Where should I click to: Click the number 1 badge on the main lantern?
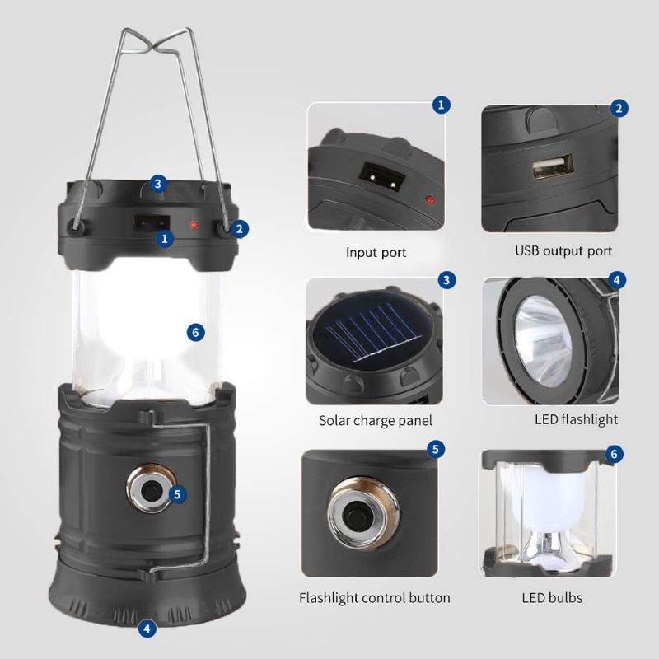pos(166,239)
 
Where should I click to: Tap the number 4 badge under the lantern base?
pos(147,629)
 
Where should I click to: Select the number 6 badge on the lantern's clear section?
pos(194,332)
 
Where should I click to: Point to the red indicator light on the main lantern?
pos(192,222)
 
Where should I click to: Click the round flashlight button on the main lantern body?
pos(152,493)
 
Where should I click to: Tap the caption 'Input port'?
pos(376,253)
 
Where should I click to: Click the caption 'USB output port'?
pos(563,250)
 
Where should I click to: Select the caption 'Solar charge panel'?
pos(376,420)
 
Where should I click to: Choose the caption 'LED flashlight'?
pos(576,419)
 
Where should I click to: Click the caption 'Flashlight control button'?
pos(374,597)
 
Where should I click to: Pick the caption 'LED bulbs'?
pos(552,597)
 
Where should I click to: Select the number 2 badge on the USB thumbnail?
pos(619,108)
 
